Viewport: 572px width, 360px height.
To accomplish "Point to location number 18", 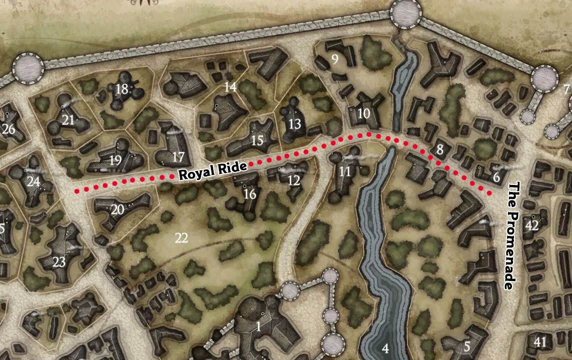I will pos(121,89).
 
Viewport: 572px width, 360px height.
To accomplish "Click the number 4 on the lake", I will pos(385,348).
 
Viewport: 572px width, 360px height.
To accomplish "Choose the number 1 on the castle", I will pos(258,327).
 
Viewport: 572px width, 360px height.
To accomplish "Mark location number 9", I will pos(334,59).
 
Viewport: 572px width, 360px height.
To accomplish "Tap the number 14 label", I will pos(230,87).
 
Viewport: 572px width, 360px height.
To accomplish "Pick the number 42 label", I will pos(531,225).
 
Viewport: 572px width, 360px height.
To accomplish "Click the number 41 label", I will pos(540,342).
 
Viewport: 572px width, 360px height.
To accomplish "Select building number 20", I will pos(117,209).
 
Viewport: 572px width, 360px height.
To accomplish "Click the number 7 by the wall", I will pos(566,90).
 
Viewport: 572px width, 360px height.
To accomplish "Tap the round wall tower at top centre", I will pos(405,11).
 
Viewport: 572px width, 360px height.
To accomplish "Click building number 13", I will pos(295,123).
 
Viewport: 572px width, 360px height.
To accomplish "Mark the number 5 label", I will pos(467,346).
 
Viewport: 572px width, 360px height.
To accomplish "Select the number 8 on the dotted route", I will pos(440,149).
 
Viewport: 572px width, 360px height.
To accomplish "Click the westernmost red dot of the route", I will pos(77,191).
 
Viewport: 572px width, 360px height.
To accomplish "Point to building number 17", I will pos(178,156).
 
